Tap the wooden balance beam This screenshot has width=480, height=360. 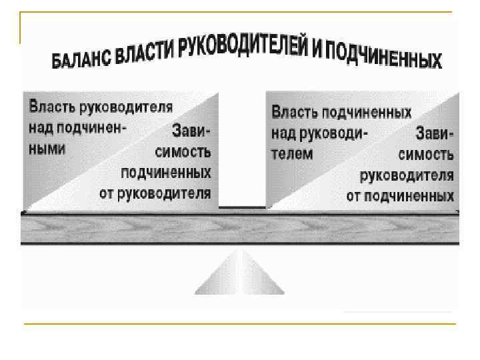pos(240,228)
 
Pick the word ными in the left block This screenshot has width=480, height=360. pos(47,149)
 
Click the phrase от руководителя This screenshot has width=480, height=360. pos(155,193)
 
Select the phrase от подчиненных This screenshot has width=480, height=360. pos(400,196)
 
